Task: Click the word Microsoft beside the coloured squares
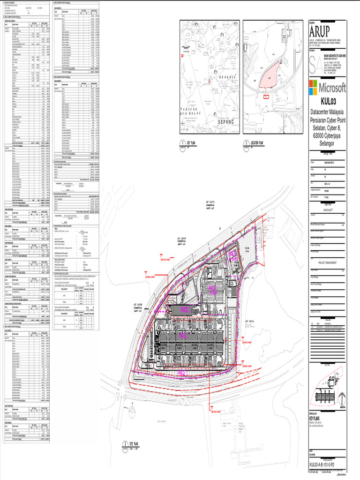point(333,88)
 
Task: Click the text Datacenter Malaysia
point(328,112)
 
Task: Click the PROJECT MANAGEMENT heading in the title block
point(328,263)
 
